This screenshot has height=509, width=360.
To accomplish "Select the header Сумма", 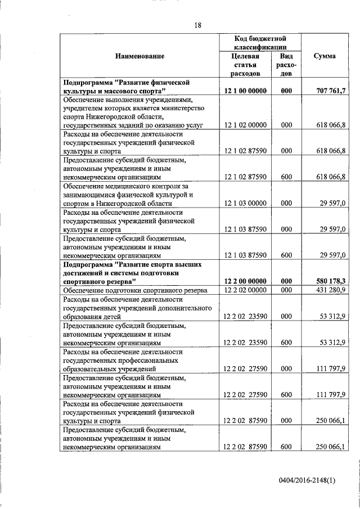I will tap(325, 56).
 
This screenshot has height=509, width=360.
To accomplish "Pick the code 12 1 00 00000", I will tap(245, 91).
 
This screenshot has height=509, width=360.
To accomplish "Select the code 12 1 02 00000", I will tap(245, 125).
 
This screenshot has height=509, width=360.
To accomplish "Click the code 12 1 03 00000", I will tap(245, 203).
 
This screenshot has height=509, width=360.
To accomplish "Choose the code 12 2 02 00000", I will tap(245, 290).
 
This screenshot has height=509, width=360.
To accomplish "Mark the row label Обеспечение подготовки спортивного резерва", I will tap(136, 290).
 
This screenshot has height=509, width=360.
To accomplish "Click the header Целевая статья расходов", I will tap(245, 65).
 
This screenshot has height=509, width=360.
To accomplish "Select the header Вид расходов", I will tap(286, 65).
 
